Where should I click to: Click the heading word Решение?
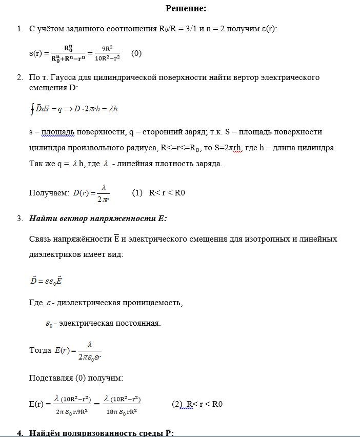tap(186, 8)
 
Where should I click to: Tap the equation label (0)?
tap(136, 53)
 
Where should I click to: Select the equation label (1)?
tap(136, 193)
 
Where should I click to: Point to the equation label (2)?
tap(177, 404)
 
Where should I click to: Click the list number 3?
tap(19, 218)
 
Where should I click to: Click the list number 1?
tap(19, 29)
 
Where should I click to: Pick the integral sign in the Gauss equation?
tap(32, 109)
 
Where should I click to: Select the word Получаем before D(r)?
tap(49, 193)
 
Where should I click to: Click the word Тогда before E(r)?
tap(40, 351)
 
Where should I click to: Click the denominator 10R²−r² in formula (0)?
tap(107, 57)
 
